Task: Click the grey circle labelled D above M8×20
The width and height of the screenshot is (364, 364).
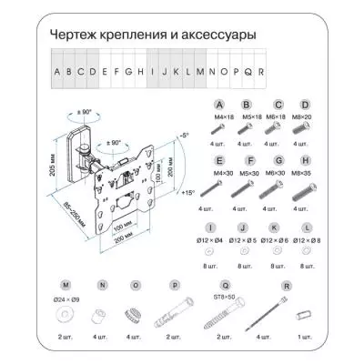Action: point(305,105)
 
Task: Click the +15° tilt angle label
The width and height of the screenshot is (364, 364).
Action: point(188,193)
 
